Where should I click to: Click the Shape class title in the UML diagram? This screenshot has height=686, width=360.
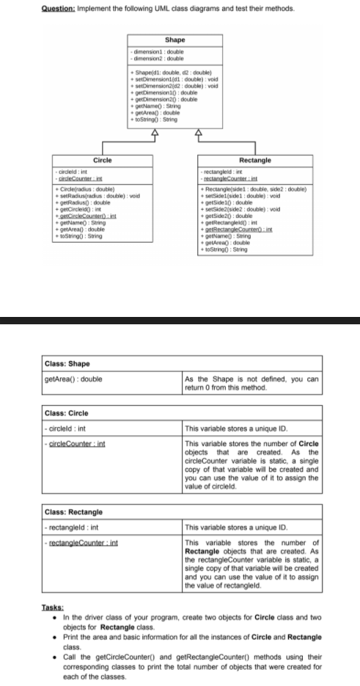pyautogui.click(x=175, y=39)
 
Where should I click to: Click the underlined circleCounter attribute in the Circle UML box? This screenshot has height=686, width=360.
pyautogui.click(x=79, y=177)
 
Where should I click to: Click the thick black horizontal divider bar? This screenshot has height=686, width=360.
pyautogui.click(x=180, y=320)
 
